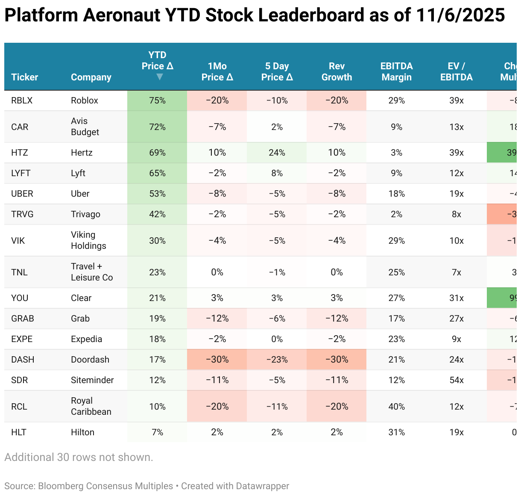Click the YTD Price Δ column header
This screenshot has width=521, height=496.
point(157,61)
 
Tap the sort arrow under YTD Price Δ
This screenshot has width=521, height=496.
point(159,77)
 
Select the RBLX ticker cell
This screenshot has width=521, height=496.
point(22,100)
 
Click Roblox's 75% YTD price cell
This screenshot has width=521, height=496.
point(157,100)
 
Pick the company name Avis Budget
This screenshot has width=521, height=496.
point(85,127)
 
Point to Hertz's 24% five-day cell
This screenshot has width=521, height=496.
point(277,153)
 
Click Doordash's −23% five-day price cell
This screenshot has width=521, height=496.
point(277,360)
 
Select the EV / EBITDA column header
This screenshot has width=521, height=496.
point(456,71)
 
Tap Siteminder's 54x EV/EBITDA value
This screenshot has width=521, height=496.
point(456,380)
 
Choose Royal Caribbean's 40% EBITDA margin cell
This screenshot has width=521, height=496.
point(396,407)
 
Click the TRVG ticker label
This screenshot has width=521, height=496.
point(22,214)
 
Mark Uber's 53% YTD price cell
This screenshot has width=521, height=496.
point(157,194)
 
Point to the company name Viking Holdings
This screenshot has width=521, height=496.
point(88,240)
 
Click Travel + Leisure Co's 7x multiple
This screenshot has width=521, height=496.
point(456,272)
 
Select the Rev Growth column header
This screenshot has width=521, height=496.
point(337,71)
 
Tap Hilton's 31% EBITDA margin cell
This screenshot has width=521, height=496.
point(396,432)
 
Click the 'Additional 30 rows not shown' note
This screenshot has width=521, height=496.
point(79,457)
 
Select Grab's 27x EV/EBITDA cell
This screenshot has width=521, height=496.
point(456,319)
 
